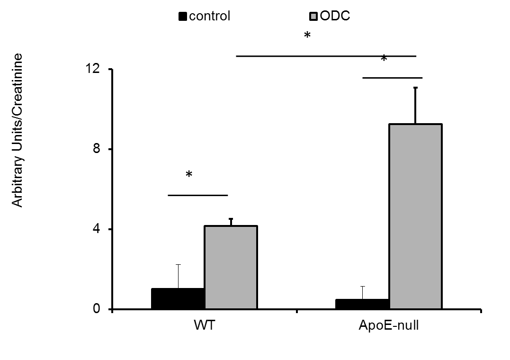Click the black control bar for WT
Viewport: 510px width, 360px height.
tap(178, 298)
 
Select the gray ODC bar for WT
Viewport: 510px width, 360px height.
tap(231, 268)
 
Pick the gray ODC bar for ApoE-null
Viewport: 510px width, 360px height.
tap(415, 216)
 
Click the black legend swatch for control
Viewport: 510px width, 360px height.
tap(183, 17)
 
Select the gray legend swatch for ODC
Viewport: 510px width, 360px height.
tap(313, 17)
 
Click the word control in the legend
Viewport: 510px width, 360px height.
tap(209, 16)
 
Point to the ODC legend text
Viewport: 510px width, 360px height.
tap(335, 16)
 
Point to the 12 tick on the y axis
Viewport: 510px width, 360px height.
tap(93, 70)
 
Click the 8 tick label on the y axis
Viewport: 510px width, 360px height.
tap(96, 150)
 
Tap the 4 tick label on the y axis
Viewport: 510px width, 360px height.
tap(96, 230)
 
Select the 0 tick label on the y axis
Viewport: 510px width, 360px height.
tap(96, 309)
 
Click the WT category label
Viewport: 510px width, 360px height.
tap(204, 326)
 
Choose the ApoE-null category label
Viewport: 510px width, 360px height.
tap(388, 326)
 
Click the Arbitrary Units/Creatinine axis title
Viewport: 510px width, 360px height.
tap(18, 130)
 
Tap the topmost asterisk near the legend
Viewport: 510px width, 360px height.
tap(307, 36)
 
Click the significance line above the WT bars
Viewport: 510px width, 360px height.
tap(198, 195)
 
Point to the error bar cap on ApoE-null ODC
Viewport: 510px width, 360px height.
tap(415, 88)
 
